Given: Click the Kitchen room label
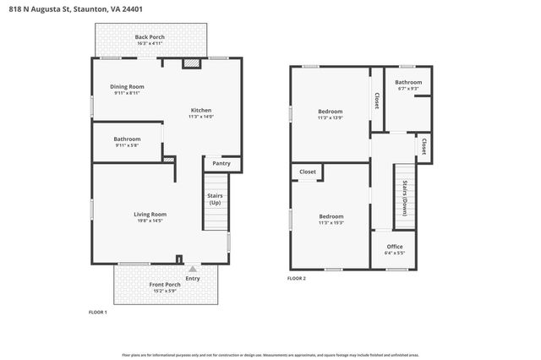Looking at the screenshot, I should [200, 110].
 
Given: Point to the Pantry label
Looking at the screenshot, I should [221, 163].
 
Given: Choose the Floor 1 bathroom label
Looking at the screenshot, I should [127, 139].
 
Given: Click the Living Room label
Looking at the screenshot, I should [150, 214].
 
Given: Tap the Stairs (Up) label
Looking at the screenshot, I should [215, 200].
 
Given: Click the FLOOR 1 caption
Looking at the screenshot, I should [98, 312].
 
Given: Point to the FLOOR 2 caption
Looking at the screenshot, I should [296, 278].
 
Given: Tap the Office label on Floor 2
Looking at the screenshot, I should [394, 246].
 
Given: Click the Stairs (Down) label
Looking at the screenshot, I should [406, 199].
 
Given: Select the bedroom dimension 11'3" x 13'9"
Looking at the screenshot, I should [330, 117].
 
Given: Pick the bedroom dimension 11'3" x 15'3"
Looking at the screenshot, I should [330, 223].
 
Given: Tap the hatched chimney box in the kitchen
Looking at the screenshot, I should [193, 63].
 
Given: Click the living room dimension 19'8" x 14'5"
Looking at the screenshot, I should [150, 221].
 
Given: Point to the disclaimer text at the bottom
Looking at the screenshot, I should [270, 355].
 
